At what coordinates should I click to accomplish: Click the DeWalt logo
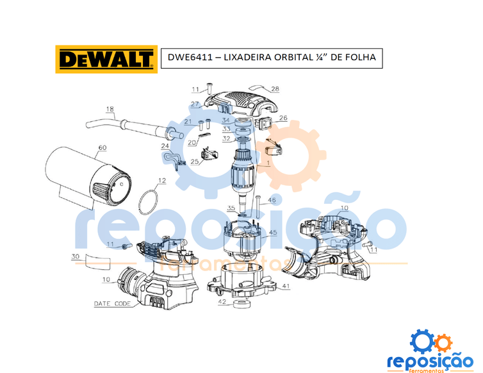pos(106,59)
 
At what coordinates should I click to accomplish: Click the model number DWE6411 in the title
pos(190,57)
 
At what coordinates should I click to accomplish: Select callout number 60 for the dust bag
pos(102,147)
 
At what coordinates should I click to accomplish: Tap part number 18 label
pos(110,109)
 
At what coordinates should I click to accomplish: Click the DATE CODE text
pos(113,304)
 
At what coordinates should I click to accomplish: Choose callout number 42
pos(222,302)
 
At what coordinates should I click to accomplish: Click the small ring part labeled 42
pos(241,304)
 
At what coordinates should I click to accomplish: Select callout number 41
pos(286,286)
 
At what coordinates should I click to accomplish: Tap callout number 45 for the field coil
pos(273,233)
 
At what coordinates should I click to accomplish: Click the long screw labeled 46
pos(258,207)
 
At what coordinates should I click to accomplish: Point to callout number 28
pos(275,89)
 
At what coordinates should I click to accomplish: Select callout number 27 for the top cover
pos(194,104)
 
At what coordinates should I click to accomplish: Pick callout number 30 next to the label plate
pos(75,256)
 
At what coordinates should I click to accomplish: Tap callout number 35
pos(231,208)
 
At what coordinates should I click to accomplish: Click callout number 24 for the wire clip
pos(165,146)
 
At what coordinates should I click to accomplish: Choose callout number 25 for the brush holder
pos(194,162)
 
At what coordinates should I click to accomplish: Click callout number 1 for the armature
pos(268,163)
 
